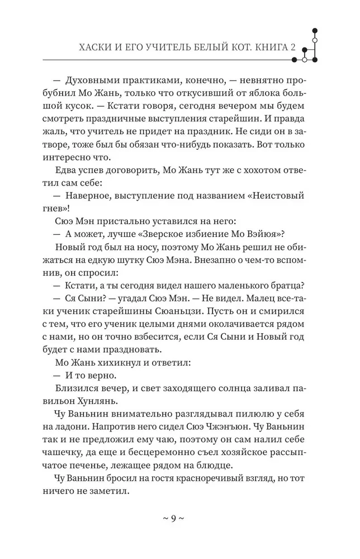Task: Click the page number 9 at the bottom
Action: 173,518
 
